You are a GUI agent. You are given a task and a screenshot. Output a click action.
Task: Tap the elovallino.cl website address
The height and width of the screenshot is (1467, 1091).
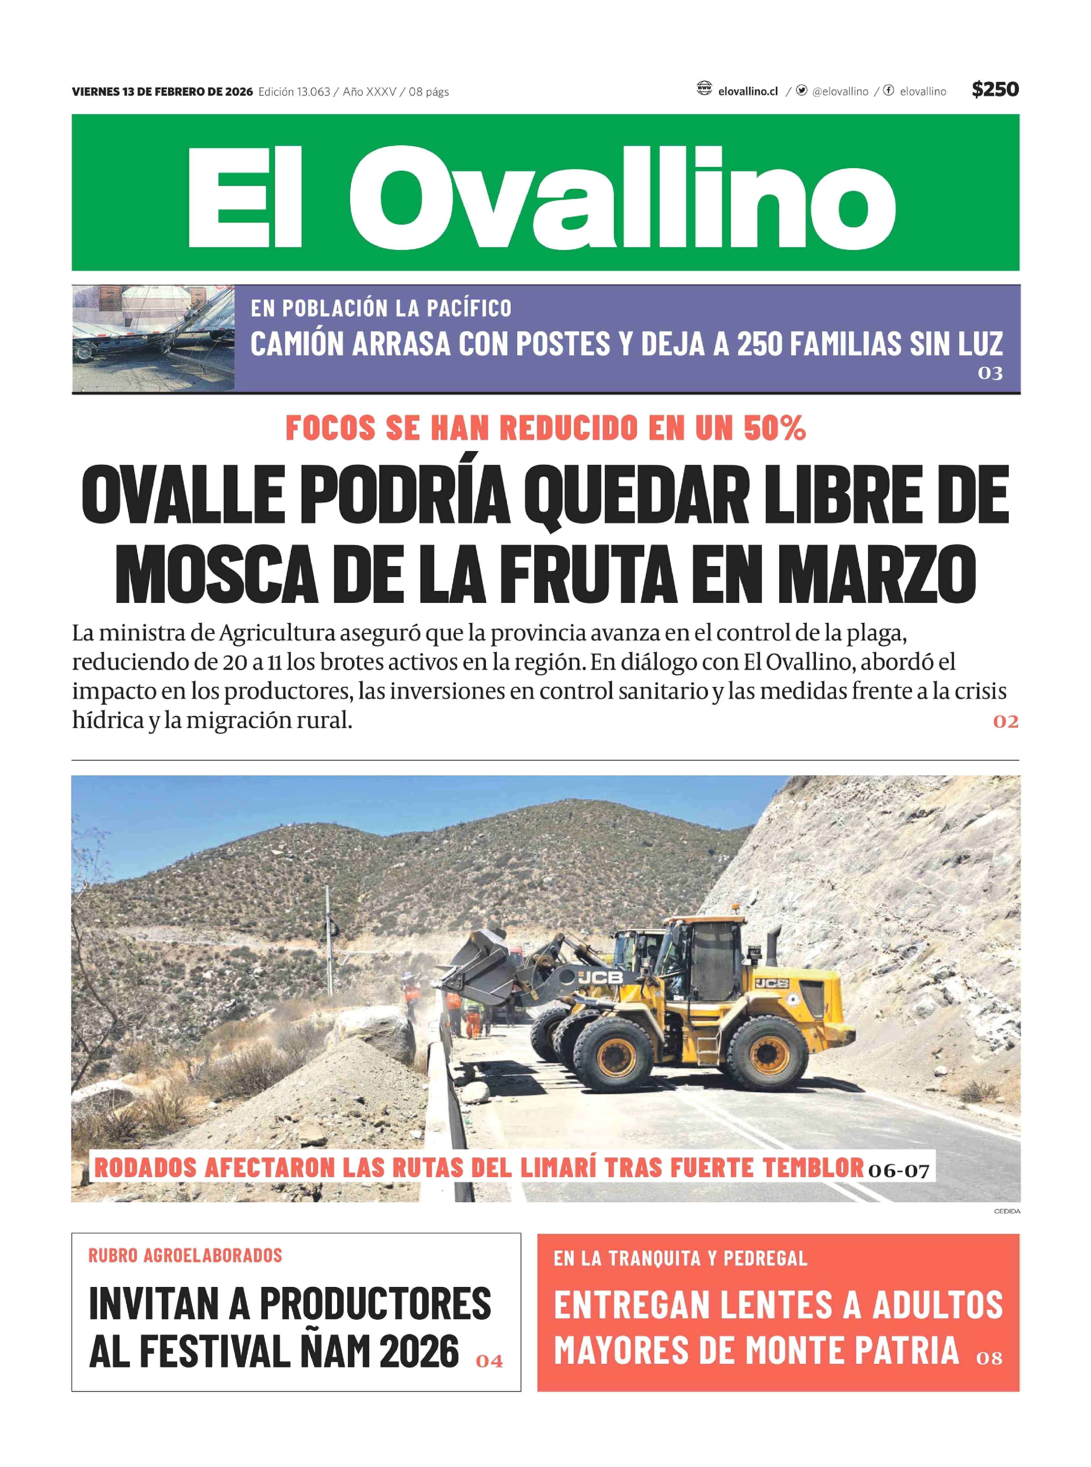point(748,92)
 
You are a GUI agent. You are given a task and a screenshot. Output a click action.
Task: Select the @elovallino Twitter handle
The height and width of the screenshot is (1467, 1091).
point(839,92)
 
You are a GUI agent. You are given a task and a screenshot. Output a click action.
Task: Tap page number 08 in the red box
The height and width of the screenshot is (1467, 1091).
point(989,1358)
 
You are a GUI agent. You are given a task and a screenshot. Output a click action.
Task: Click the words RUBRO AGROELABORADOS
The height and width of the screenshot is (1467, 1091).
point(186,1255)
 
